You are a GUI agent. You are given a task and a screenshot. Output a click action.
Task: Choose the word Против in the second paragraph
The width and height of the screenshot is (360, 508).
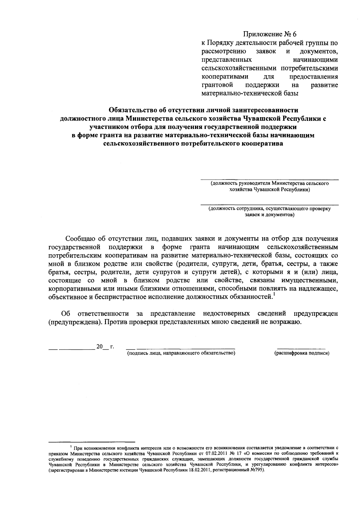coord(114,322)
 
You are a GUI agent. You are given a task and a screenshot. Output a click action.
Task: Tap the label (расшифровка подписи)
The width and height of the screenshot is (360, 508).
coord(302,353)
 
